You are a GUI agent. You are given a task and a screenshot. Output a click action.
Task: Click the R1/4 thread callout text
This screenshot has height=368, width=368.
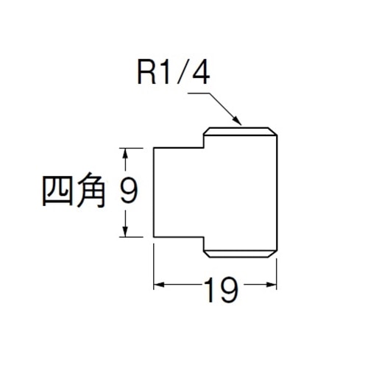click(174, 73)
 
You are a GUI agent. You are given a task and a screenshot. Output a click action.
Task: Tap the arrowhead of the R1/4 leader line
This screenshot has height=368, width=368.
click(237, 121)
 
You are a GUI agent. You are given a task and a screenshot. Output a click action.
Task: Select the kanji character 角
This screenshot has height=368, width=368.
click(91, 190)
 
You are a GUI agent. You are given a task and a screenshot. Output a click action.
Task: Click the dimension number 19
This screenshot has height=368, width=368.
click(222, 290)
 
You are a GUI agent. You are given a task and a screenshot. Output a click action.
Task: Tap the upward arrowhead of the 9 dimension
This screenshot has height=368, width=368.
click(125, 154)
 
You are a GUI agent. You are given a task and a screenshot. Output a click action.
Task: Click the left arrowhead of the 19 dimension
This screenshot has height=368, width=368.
click(159, 285)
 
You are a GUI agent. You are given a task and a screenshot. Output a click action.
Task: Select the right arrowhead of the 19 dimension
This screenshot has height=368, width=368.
click(271, 285)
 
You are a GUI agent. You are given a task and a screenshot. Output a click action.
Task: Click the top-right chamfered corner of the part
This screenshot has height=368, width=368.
click(272, 131)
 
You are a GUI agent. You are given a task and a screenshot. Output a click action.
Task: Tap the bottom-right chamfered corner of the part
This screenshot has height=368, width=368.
click(272, 254)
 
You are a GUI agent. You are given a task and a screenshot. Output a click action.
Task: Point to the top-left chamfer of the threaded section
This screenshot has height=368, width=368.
click(206, 131)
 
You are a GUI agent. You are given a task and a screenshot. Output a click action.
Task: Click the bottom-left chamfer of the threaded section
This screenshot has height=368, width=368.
click(206, 254)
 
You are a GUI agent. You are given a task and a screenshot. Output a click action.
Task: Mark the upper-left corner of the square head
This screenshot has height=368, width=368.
click(154, 148)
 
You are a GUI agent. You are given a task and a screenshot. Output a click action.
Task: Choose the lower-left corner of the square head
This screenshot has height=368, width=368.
click(154, 237)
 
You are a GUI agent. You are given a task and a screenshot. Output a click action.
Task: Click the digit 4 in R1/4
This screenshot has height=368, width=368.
click(201, 73)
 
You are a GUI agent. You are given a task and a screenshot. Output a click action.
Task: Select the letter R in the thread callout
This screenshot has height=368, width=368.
click(146, 73)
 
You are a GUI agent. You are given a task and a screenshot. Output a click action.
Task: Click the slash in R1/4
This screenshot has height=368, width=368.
click(182, 73)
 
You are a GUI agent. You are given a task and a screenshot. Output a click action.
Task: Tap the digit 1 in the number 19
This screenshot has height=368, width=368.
click(210, 290)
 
